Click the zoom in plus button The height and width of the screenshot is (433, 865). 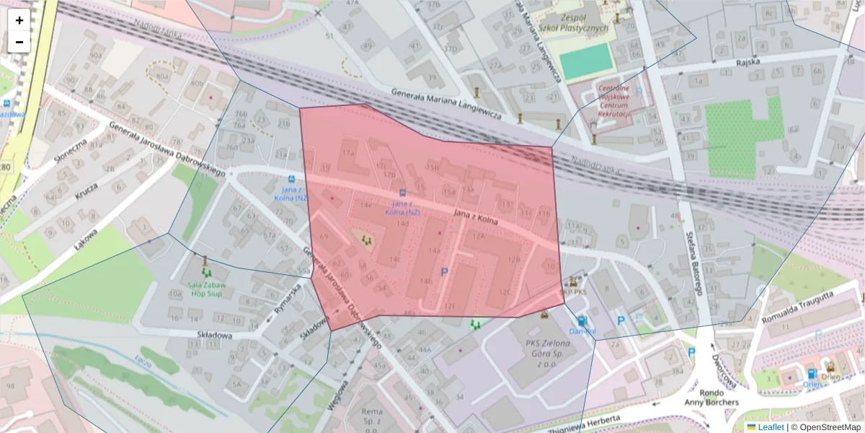(19, 20)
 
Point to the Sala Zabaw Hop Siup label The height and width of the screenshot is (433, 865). (207, 289)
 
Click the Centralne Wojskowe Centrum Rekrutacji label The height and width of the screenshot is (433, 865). (614, 101)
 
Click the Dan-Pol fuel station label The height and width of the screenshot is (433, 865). (582, 331)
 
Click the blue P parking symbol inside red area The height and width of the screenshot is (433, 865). (444, 272)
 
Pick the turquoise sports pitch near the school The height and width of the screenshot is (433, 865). (586, 61)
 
